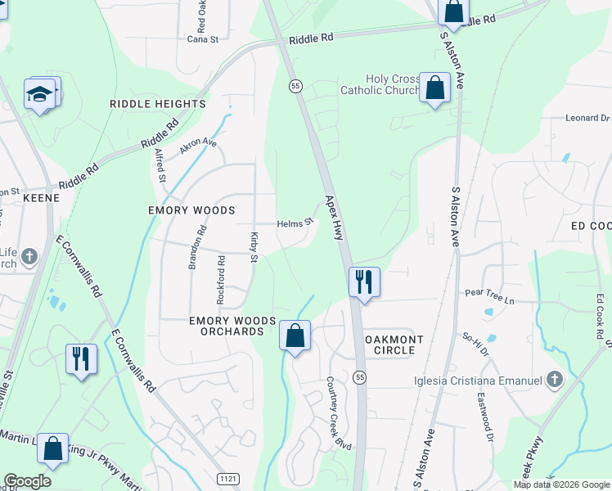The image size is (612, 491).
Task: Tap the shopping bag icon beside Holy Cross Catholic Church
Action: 434,88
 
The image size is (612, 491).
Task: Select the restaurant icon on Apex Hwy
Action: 364,282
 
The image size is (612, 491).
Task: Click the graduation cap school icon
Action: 39,96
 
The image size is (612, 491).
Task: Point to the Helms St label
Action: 295,223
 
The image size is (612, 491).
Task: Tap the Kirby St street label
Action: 254,247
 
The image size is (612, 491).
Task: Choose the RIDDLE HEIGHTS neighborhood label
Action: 158,104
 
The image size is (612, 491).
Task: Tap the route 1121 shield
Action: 228,477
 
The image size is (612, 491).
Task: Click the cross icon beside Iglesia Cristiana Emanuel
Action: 556,379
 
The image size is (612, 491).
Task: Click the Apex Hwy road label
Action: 333,217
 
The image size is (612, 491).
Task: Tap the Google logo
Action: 27,481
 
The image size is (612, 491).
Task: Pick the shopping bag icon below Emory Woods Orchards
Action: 295,335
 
